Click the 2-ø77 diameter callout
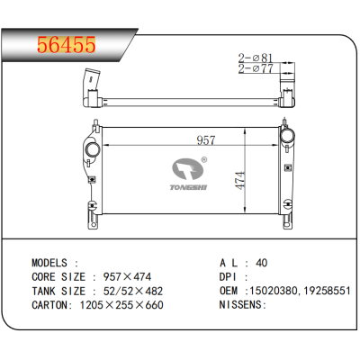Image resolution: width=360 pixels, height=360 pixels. coord(254,67)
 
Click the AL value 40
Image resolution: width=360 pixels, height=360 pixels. coord(261,263)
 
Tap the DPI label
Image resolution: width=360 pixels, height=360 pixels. coord(229,278)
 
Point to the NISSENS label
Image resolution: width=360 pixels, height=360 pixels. coord(244,306)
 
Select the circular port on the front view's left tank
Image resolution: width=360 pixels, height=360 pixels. coord(91,148)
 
